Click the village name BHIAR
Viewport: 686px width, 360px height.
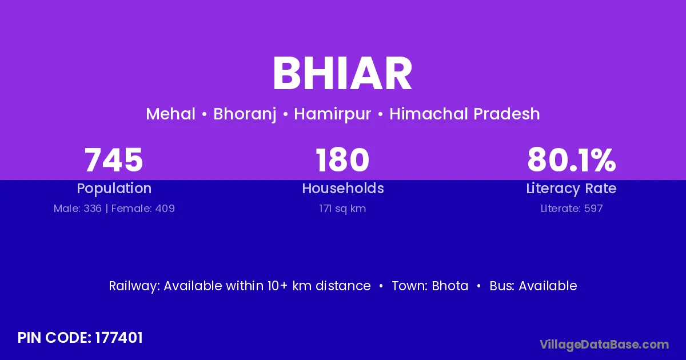342,74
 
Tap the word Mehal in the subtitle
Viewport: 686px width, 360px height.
170,114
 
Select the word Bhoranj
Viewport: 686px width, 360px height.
245,114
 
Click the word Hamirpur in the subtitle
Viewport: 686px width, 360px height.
333,114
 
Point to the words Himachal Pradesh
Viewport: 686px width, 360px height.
465,114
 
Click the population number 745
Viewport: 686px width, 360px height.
114,160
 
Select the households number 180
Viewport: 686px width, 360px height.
342,160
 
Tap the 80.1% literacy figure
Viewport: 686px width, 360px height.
572,160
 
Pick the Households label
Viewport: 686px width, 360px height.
343,188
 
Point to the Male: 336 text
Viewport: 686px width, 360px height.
78,209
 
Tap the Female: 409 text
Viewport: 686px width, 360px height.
143,209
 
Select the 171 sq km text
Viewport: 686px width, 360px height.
342,209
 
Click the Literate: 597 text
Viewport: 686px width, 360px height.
572,209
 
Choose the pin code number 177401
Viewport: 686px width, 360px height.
119,338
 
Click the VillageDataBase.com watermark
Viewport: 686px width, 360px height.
604,345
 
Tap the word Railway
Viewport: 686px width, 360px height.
134,286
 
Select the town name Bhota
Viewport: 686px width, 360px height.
450,286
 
